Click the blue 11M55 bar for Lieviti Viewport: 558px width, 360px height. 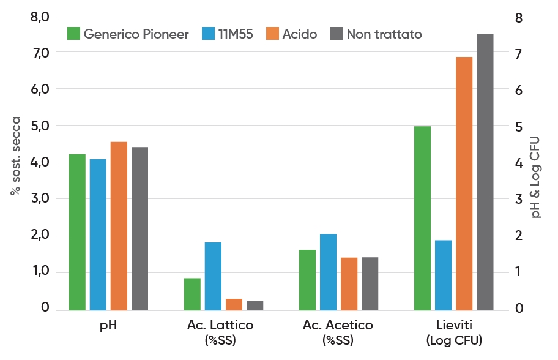[443, 276]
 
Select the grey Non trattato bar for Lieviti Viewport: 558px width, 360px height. [485, 172]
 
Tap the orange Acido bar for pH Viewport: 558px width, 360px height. [119, 226]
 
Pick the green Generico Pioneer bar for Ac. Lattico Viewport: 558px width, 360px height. [192, 294]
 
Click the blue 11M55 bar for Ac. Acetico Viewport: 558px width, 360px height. [328, 272]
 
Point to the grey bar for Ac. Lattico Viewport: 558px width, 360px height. [255, 306]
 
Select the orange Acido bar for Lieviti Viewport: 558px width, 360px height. [464, 184]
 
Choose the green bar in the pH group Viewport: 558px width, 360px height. [77, 232]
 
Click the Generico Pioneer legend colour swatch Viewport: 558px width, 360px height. [73, 34]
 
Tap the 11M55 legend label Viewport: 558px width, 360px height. [236, 34]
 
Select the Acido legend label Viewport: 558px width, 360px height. [300, 34]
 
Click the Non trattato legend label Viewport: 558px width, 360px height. [384, 34]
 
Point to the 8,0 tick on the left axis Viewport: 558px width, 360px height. [40, 17]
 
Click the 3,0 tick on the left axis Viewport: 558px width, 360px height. [40, 198]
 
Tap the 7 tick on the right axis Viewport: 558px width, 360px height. [518, 54]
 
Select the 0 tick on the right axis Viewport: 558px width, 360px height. [519, 308]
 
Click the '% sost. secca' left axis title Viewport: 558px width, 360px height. [15, 156]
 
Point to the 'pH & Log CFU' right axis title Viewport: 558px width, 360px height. [535, 177]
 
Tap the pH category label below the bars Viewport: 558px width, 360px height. [108, 326]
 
